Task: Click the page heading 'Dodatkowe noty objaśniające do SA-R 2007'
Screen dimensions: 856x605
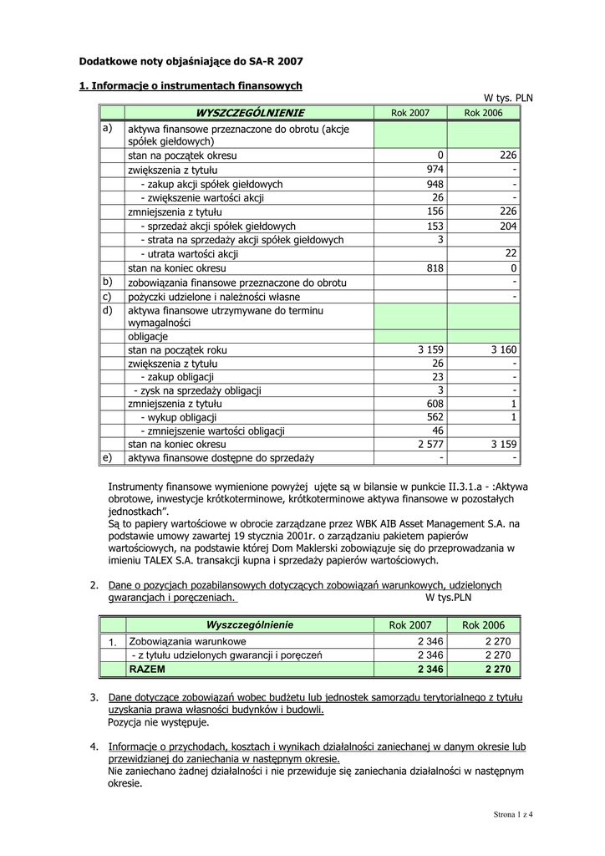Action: click(191, 61)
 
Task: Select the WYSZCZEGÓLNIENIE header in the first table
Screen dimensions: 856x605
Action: click(250, 113)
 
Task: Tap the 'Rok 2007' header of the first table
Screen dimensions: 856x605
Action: click(410, 113)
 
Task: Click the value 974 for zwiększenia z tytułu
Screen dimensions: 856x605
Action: click(435, 170)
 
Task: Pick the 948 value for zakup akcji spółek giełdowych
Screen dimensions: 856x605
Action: click(435, 184)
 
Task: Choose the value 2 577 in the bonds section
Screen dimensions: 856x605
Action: click(430, 445)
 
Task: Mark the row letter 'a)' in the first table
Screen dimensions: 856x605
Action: click(107, 129)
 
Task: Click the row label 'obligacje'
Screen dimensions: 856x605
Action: click(148, 336)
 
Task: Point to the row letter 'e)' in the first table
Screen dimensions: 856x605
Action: click(106, 458)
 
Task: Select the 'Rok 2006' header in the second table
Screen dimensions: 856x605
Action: click(484, 625)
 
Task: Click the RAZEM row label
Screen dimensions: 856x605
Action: click(147, 670)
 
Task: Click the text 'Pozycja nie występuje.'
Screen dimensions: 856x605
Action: click(158, 722)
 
